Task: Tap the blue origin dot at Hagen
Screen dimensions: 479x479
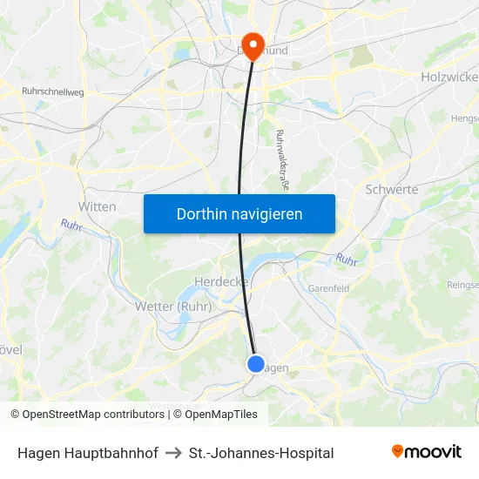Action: (x=255, y=364)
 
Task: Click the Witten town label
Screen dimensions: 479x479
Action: (x=97, y=206)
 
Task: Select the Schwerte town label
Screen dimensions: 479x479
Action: (x=392, y=189)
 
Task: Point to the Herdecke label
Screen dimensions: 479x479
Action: (x=221, y=282)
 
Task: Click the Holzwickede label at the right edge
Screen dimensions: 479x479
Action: (x=449, y=77)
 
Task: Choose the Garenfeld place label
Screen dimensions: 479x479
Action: (x=329, y=288)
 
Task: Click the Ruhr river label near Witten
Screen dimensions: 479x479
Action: (x=71, y=225)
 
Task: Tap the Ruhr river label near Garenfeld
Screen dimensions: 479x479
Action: (x=347, y=259)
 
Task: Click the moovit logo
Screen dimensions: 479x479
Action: (x=427, y=452)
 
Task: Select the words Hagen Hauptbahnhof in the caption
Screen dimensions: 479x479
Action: (x=87, y=453)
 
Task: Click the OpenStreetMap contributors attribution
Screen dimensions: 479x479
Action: (x=92, y=415)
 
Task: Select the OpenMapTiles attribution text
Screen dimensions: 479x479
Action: (x=219, y=415)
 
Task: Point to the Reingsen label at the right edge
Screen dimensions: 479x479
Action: (x=462, y=285)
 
